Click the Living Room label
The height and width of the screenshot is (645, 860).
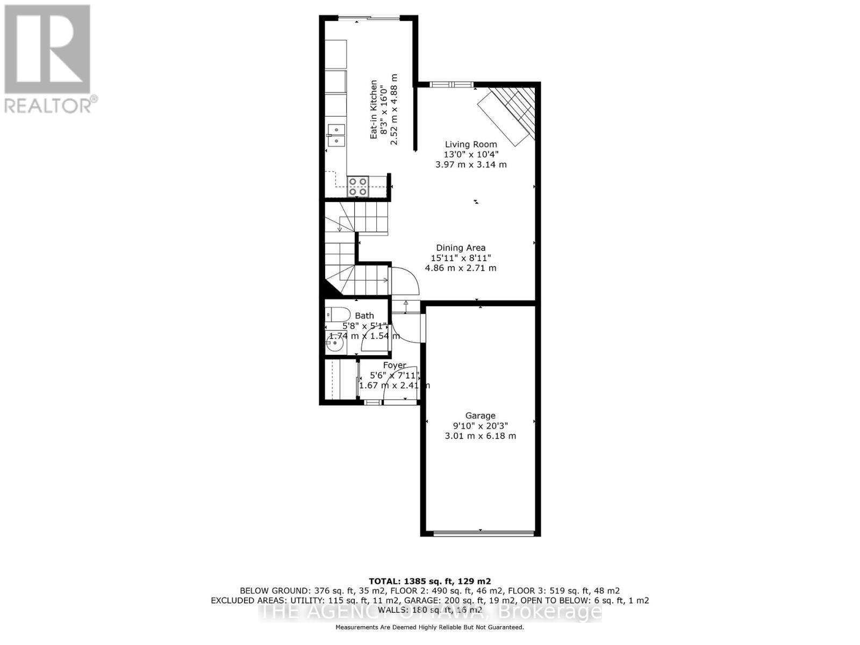471,144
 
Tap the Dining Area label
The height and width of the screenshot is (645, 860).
461,248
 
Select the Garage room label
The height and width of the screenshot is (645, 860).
480,415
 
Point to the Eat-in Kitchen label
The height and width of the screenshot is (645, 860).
374,110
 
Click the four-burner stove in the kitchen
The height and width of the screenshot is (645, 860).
358,187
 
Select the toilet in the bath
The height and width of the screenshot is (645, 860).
336,314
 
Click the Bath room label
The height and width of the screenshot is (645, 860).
364,316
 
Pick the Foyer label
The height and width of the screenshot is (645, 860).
394,365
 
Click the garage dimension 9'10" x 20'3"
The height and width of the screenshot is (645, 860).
480,426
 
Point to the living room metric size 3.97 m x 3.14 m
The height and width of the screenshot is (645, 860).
471,164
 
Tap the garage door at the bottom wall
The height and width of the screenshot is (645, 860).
483,533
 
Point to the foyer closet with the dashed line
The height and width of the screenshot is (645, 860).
340,380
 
